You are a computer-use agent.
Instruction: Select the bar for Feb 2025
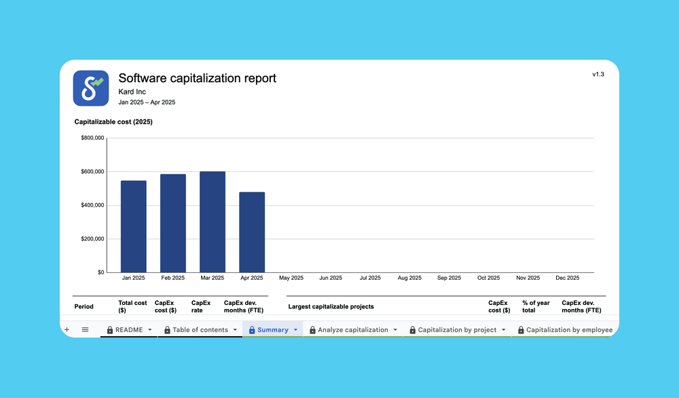[172, 223]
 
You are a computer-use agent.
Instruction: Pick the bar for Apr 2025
[251, 232]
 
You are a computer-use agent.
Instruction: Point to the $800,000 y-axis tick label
[92, 138]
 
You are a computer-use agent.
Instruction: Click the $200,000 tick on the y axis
[92, 239]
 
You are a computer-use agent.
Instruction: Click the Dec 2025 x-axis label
[567, 278]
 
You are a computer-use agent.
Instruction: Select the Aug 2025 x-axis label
[409, 278]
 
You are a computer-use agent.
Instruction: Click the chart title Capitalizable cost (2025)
[113, 122]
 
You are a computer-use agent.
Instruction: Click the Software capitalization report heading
[197, 78]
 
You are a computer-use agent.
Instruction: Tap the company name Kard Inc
[132, 92]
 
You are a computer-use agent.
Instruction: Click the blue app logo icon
[90, 88]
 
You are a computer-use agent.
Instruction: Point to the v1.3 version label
[598, 75]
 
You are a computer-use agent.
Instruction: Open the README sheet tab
[129, 330]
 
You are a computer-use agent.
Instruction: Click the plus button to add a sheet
[67, 329]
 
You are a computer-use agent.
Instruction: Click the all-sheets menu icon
[85, 329]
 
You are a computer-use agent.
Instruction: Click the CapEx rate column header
[201, 306]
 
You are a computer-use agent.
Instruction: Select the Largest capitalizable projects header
[331, 306]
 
